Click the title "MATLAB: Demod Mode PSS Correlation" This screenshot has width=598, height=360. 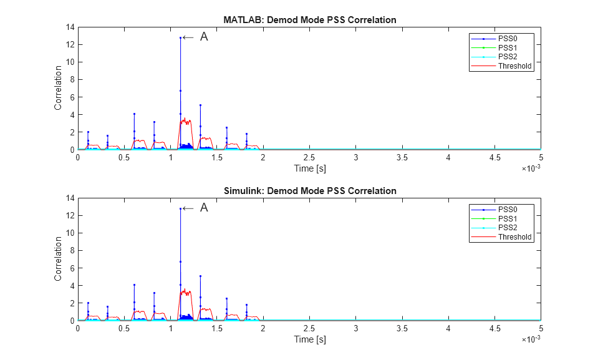tap(309, 20)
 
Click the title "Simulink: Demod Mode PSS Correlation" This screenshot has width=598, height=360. tap(309, 190)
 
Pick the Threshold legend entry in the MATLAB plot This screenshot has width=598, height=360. tap(515, 66)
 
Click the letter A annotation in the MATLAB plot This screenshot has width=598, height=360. tap(203, 37)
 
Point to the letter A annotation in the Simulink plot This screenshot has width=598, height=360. tap(203, 208)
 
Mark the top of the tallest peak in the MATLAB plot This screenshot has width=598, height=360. tap(180, 37)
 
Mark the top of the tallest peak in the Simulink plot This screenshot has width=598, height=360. tap(180, 208)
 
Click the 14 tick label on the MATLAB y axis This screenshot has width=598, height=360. tap(70, 27)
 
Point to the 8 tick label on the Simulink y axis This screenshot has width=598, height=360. tap(72, 250)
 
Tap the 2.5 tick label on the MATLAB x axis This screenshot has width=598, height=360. tap(309, 158)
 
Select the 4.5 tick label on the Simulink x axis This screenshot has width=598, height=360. tap(494, 329)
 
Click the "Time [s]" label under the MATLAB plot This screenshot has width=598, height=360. tap(309, 168)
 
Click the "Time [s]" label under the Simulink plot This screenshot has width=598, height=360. tap(309, 339)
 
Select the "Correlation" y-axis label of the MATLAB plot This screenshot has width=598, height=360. tap(58, 88)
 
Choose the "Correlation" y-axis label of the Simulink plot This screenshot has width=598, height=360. tap(58, 258)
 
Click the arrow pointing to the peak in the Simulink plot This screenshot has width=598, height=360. tap(188, 208)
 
